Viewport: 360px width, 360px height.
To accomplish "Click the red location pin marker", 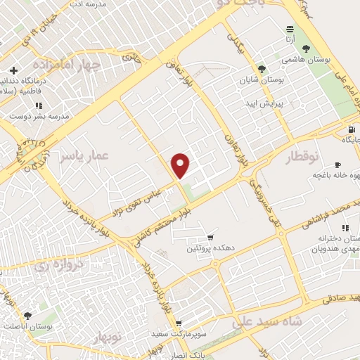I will point(181,165).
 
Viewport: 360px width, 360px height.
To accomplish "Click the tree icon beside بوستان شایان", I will point(262,69).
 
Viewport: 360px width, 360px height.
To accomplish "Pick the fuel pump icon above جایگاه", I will point(351,129).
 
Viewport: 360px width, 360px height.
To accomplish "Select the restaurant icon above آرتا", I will point(290,29).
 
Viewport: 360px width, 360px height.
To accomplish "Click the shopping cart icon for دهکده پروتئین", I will point(210,236).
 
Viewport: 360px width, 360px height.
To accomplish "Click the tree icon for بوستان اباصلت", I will point(27,316).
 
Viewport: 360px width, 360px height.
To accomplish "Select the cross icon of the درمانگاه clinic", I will point(13,71).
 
